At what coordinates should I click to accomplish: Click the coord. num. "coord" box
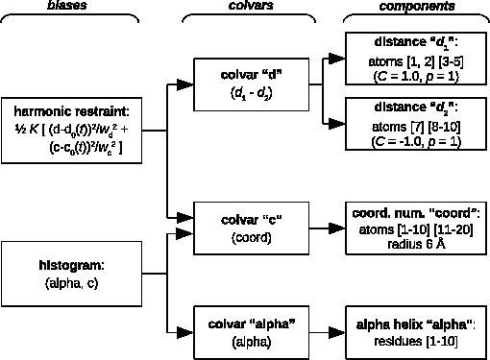tap(415, 228)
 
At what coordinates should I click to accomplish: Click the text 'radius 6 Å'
tap(416, 244)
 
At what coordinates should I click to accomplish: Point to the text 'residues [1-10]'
tap(416, 337)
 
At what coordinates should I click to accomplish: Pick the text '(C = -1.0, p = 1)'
tap(416, 141)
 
